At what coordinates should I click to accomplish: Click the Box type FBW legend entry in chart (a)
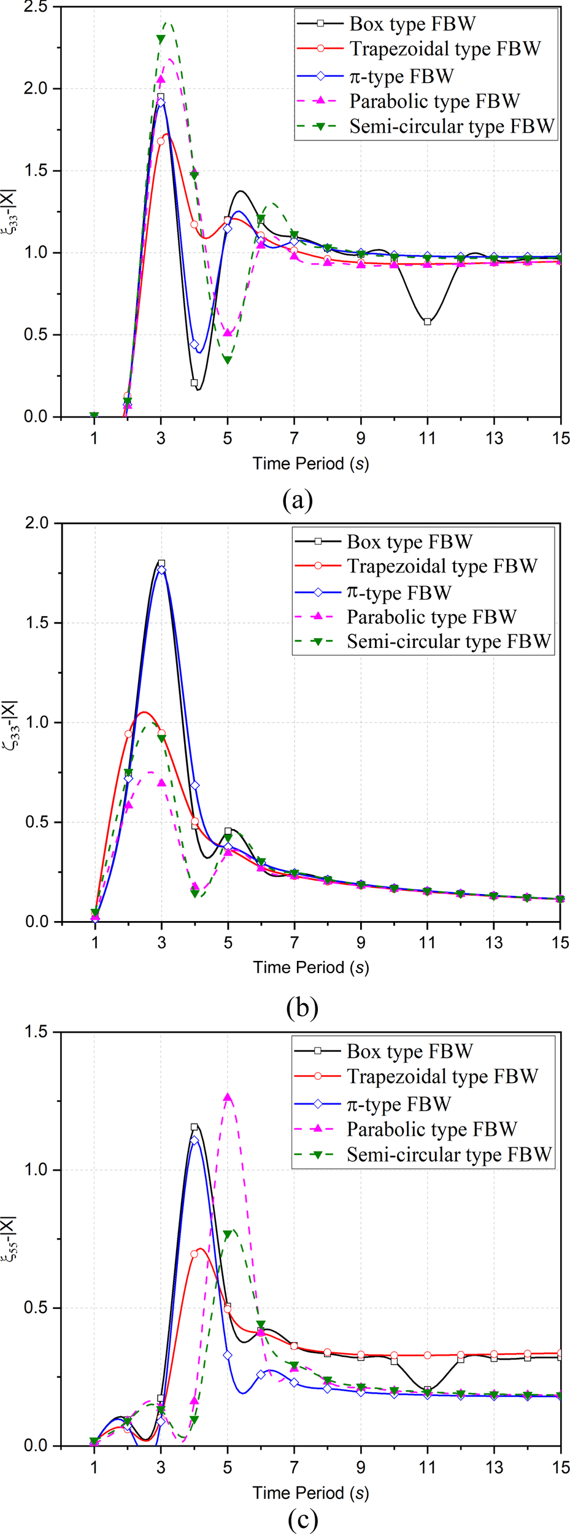point(412,24)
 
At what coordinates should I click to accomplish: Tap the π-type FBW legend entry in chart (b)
point(399,593)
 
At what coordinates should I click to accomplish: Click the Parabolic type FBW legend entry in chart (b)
point(431,617)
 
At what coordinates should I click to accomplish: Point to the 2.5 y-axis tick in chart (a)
point(36,7)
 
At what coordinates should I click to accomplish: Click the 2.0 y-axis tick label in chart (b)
point(36,523)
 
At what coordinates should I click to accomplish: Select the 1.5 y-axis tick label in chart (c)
point(36,1032)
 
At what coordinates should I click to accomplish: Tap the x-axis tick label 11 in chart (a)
point(427,438)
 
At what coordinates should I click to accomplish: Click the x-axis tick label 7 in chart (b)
point(295,942)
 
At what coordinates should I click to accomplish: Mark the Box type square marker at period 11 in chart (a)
point(428,322)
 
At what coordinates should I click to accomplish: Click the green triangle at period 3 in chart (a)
point(161,39)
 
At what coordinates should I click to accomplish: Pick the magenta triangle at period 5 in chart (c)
point(228,1098)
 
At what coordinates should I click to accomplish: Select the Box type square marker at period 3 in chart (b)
point(161,563)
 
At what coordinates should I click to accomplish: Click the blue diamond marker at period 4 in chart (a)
point(194,345)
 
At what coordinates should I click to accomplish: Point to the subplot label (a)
point(298,500)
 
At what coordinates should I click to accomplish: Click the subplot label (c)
point(302,1519)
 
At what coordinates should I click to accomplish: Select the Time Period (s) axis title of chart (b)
point(310,968)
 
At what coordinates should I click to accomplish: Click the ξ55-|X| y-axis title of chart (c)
point(9,1239)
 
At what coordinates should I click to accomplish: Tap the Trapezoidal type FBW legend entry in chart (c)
point(442,1076)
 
